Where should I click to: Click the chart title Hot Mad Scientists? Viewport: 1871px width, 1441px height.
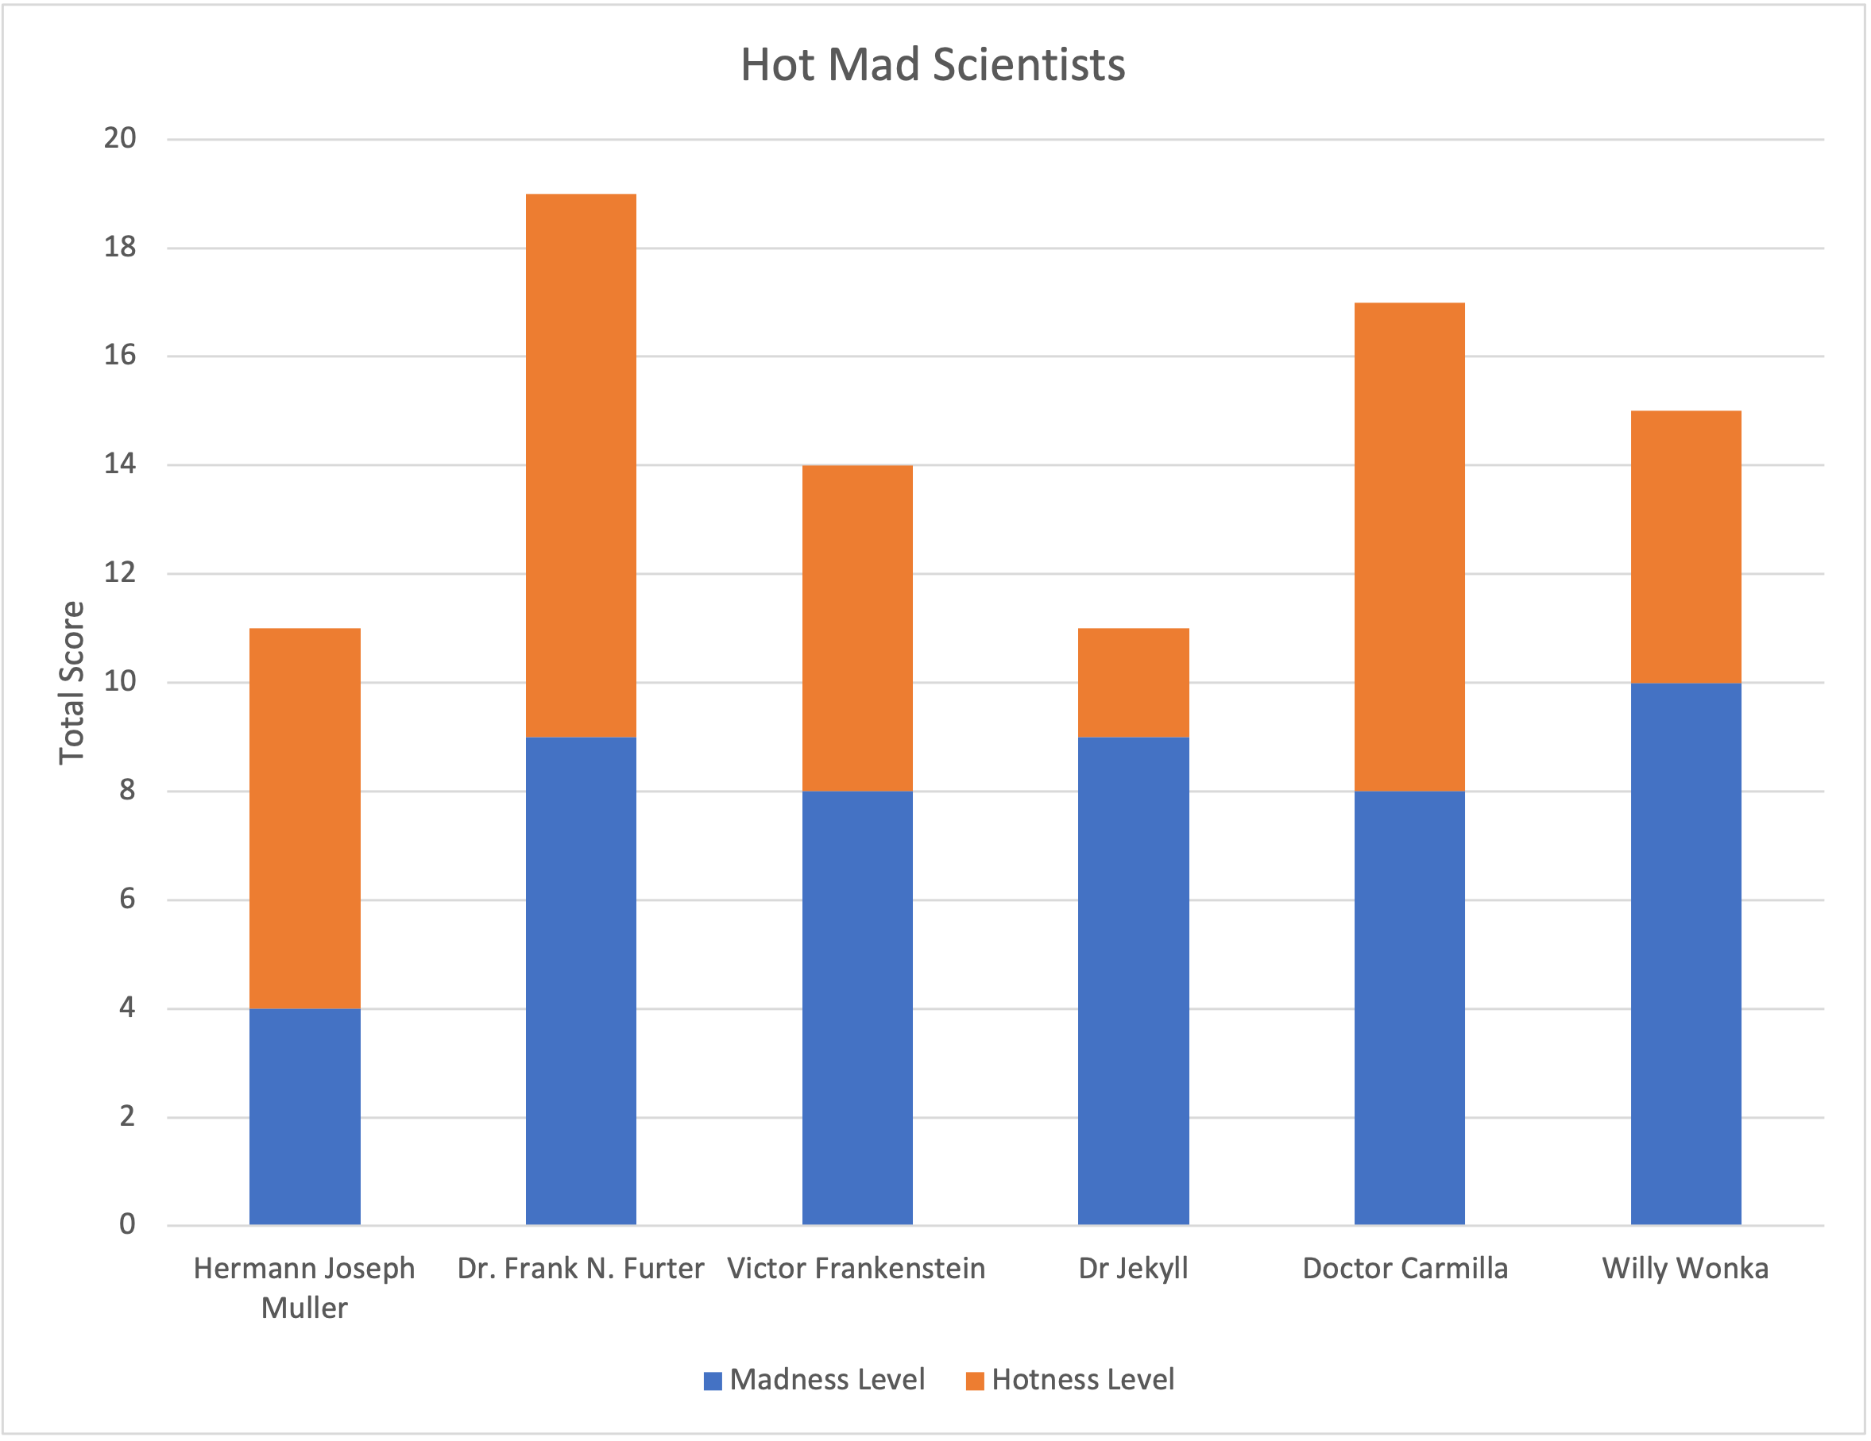point(932,65)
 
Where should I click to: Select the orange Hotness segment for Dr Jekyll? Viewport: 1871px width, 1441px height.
point(1133,683)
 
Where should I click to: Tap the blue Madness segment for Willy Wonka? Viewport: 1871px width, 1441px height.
point(1685,953)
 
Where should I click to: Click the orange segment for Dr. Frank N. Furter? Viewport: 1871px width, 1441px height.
point(581,465)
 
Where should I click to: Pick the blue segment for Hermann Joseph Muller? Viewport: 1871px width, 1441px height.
point(304,1115)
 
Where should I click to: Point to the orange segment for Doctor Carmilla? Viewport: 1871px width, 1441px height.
point(1409,546)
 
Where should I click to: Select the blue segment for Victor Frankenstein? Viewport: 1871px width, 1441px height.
point(856,1007)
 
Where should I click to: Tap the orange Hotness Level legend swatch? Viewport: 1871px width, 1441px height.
point(974,1380)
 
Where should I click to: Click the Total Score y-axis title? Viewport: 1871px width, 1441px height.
point(71,683)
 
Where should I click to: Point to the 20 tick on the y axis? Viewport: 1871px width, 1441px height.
point(120,138)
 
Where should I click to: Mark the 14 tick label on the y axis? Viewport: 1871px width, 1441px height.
point(120,464)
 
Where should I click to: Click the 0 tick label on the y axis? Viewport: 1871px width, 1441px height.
point(127,1224)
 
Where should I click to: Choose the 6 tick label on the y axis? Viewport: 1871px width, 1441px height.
point(127,898)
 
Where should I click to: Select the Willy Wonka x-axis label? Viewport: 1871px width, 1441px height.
point(1685,1268)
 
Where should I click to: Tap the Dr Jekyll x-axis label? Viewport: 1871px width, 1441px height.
point(1133,1268)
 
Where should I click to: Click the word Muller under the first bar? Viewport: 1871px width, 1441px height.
point(304,1308)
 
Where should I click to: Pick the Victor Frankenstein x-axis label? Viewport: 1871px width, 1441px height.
point(856,1268)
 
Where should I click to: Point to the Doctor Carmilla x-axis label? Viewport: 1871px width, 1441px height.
point(1405,1268)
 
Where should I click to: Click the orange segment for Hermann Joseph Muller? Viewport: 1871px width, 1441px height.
point(304,818)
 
